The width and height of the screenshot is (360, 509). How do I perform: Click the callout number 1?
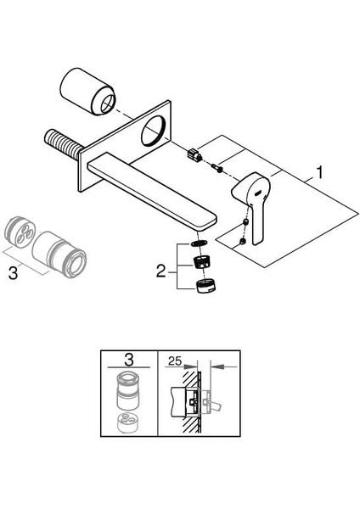(x=320, y=172)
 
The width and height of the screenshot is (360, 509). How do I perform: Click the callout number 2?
(x=160, y=271)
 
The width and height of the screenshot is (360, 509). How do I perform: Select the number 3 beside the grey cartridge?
(x=13, y=273)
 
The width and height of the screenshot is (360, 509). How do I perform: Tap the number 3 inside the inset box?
(x=129, y=360)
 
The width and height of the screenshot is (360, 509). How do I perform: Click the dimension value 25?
(x=176, y=361)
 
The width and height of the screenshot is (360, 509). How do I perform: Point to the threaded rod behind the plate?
(x=63, y=144)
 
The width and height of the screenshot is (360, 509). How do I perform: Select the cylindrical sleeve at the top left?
(x=87, y=92)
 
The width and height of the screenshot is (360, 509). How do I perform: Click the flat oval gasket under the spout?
(x=200, y=243)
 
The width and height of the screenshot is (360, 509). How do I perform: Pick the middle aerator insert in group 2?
(x=200, y=262)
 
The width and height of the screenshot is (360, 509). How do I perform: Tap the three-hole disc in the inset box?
(x=128, y=422)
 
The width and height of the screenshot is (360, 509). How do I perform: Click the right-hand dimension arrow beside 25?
(x=223, y=366)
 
